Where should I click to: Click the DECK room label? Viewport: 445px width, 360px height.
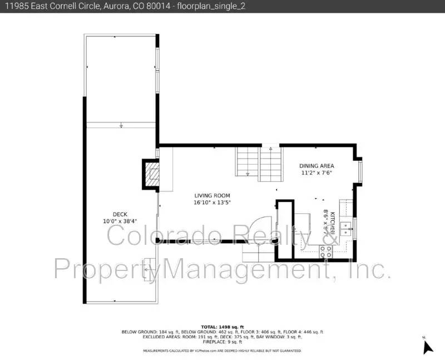(x=120, y=214)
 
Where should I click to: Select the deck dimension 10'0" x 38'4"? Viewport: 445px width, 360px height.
(x=120, y=221)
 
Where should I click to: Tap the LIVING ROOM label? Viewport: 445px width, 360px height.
(x=212, y=195)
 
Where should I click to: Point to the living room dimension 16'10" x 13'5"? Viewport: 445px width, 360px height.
(x=212, y=203)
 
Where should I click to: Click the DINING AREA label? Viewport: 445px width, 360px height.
(x=317, y=166)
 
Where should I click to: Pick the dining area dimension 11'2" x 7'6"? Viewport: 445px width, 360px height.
(x=317, y=173)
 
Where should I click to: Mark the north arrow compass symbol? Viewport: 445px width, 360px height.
(x=427, y=346)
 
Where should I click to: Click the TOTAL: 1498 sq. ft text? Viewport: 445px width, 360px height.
(x=222, y=327)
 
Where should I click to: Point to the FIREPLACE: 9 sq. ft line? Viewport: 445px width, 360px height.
(x=222, y=342)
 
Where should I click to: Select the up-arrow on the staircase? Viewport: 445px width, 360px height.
(x=270, y=149)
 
